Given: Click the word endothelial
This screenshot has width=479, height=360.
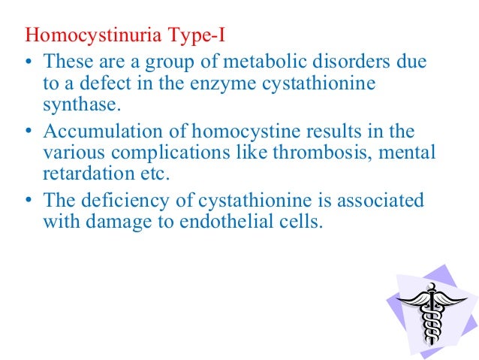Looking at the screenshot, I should click(239, 221).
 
